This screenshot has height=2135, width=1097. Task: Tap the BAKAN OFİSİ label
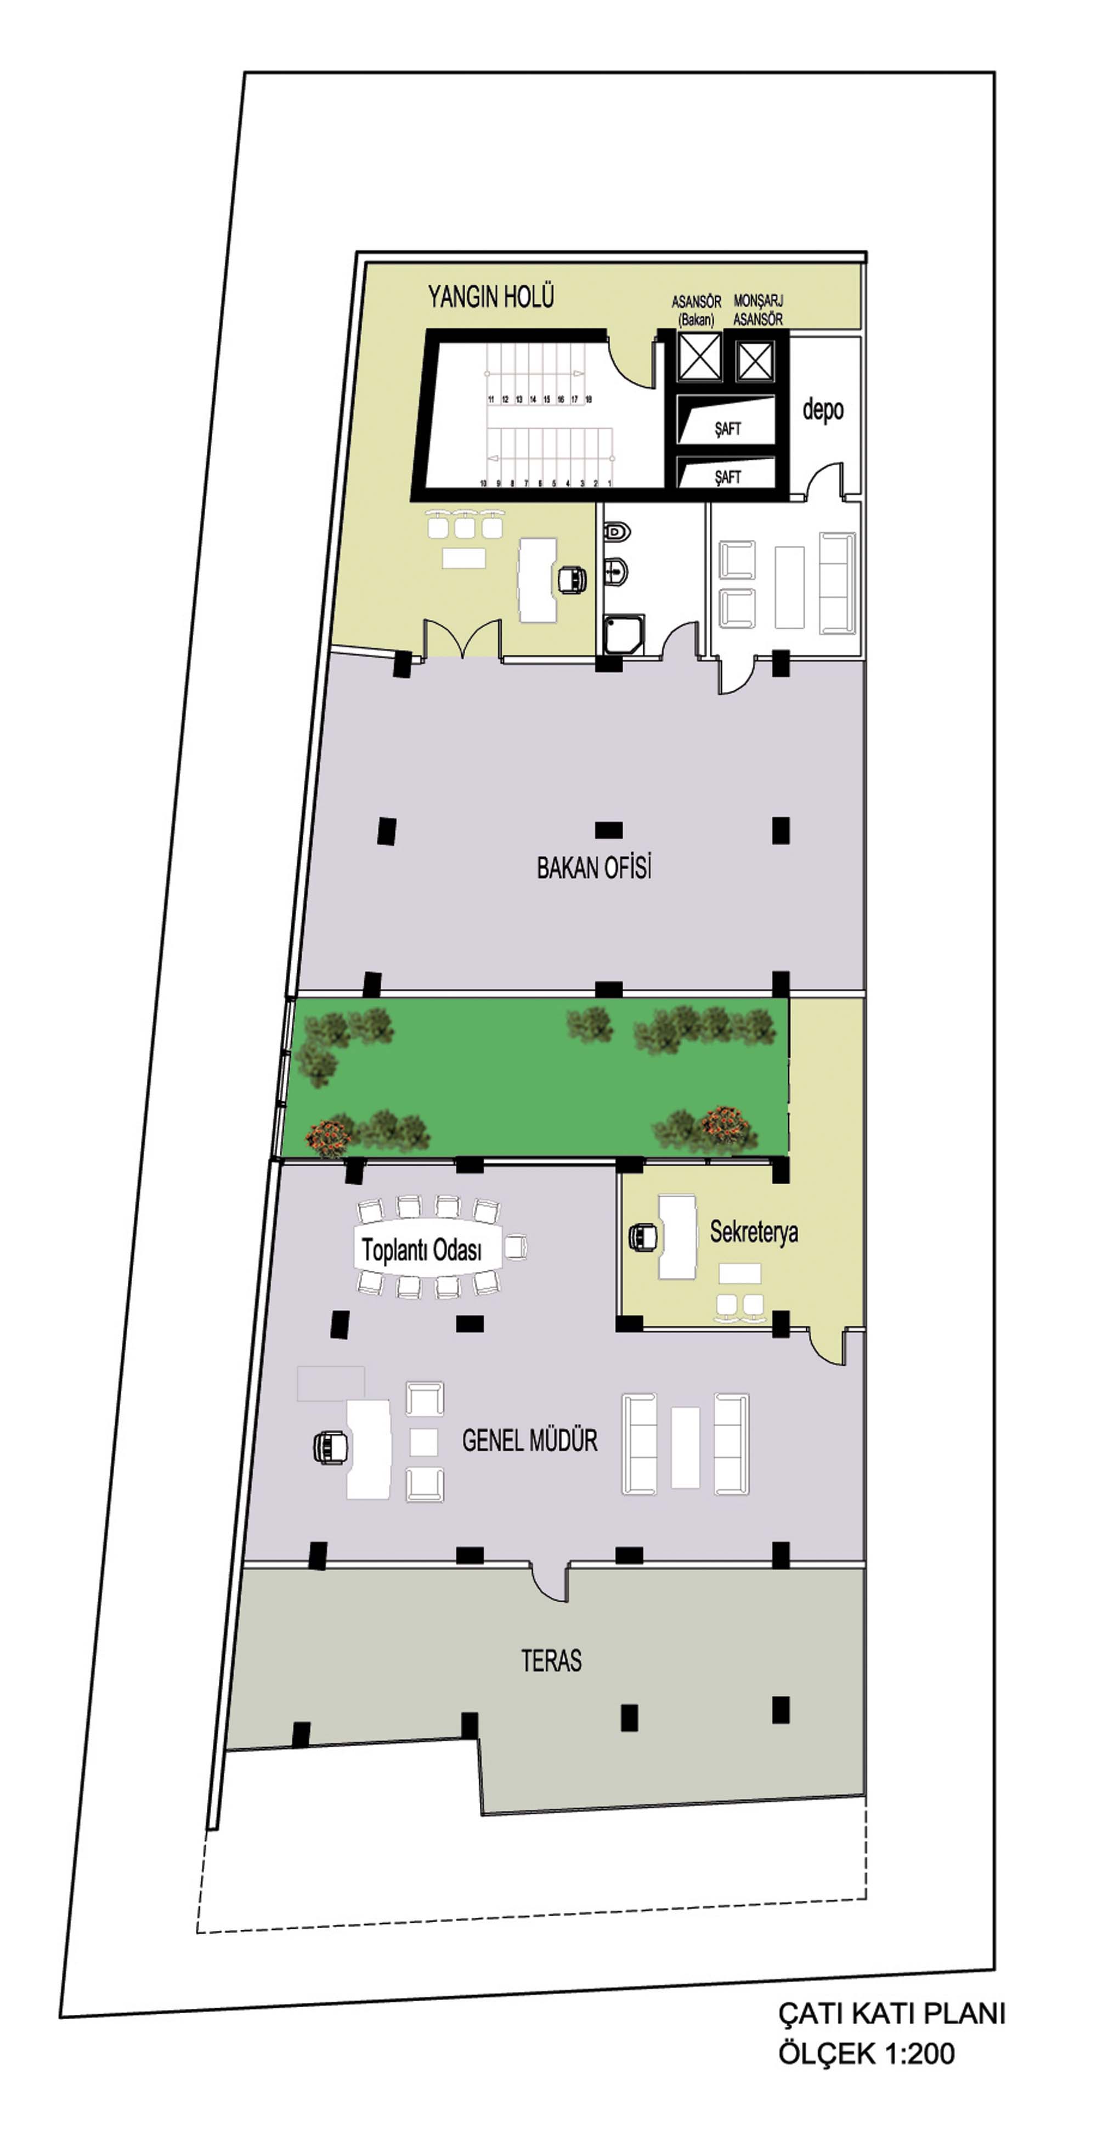[593, 867]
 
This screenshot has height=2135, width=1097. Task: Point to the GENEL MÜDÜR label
[529, 1440]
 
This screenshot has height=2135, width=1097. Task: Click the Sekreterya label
[754, 1232]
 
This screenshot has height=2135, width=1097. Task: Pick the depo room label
[823, 409]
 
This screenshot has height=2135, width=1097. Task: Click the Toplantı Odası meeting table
[428, 1247]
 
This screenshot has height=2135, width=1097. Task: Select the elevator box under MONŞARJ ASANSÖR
[754, 360]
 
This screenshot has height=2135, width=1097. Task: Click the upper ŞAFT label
[727, 429]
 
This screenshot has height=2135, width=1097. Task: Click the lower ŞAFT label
[727, 477]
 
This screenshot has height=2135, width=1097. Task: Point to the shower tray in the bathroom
[623, 634]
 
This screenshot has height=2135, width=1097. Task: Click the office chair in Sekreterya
[644, 1237]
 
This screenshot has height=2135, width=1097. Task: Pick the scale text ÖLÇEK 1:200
[866, 2053]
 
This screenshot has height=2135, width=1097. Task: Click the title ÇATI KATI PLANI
[891, 2013]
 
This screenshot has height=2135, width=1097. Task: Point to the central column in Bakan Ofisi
[608, 830]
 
